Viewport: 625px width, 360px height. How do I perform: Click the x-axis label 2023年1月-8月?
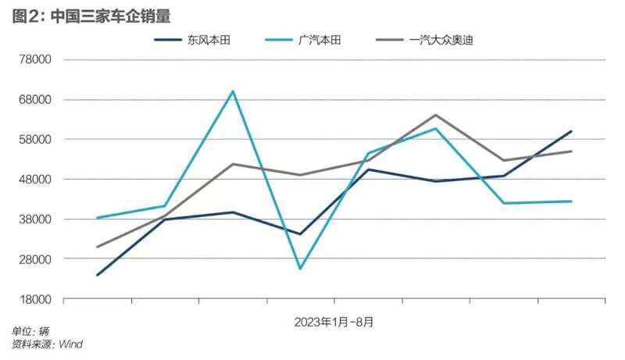(334, 321)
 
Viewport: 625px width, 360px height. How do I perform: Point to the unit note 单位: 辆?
(30, 332)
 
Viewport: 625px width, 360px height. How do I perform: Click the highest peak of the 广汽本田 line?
(233, 91)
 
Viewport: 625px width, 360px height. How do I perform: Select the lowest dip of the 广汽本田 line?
(301, 269)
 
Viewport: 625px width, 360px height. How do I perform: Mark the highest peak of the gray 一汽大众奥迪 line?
(436, 115)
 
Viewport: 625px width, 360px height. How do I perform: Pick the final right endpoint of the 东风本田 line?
(572, 131)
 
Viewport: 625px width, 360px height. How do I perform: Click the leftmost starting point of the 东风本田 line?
(97, 275)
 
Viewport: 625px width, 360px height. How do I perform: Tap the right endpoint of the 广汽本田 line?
(572, 201)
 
